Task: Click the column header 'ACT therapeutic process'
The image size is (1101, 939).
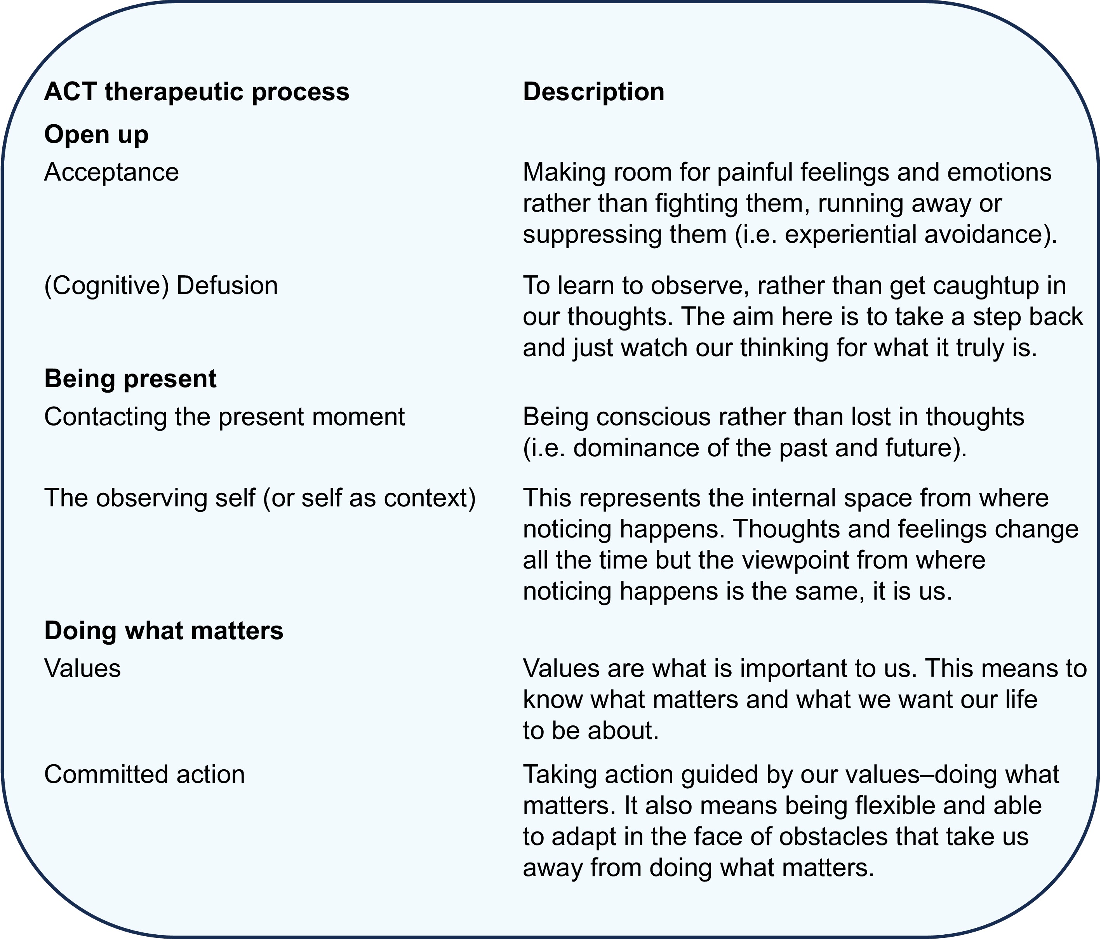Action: point(197,92)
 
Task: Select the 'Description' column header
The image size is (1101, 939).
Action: point(593,92)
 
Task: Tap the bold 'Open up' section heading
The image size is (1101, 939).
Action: point(96,135)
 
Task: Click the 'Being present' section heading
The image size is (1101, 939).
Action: point(130,379)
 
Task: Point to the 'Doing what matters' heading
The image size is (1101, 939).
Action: point(163,631)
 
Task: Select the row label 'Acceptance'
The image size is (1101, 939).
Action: point(111,172)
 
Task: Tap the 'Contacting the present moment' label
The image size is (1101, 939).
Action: point(224,417)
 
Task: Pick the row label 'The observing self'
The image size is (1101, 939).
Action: point(150,499)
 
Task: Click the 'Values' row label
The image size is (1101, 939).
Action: point(82,668)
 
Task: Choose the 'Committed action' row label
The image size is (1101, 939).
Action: point(144,775)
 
